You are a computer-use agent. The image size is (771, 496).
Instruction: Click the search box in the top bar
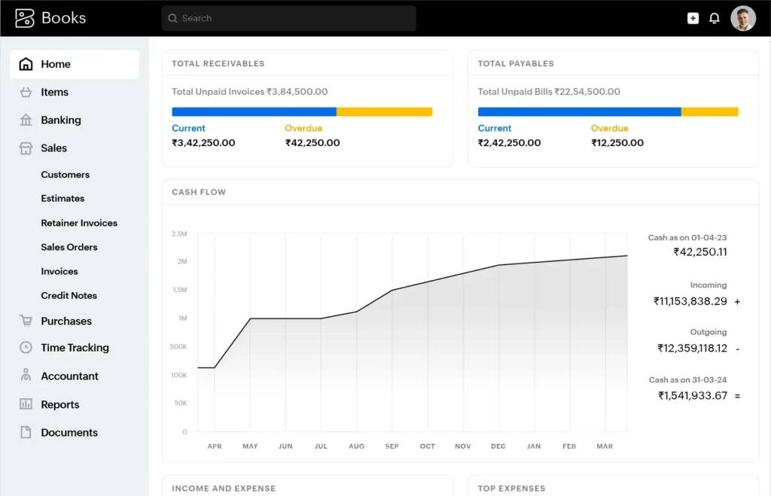(x=288, y=18)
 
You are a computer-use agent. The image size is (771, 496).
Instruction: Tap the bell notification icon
(x=715, y=18)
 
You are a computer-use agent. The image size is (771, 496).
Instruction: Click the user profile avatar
(x=742, y=18)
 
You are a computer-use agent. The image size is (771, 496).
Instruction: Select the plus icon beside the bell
(x=693, y=18)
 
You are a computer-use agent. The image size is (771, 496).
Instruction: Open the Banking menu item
(x=60, y=120)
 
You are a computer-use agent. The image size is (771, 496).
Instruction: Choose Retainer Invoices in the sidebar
(x=79, y=223)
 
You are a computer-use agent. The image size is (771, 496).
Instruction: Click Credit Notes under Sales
(x=69, y=296)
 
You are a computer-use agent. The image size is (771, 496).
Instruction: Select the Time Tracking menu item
(x=75, y=348)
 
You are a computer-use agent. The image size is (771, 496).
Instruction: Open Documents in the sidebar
(x=69, y=433)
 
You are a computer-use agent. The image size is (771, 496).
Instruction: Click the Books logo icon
(x=25, y=18)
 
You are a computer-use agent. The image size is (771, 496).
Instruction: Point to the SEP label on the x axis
(x=392, y=446)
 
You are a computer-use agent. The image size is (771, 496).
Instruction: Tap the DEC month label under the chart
(x=498, y=446)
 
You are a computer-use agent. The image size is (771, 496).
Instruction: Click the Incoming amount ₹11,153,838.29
(x=690, y=301)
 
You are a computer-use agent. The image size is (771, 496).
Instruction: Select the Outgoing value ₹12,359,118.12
(x=692, y=348)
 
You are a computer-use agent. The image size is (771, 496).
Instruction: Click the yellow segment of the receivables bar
(x=384, y=112)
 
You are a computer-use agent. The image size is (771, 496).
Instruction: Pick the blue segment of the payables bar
(x=579, y=112)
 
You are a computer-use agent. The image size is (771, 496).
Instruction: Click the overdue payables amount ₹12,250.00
(x=617, y=143)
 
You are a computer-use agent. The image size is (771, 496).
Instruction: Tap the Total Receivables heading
(x=218, y=64)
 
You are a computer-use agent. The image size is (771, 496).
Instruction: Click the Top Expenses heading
(x=512, y=488)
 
